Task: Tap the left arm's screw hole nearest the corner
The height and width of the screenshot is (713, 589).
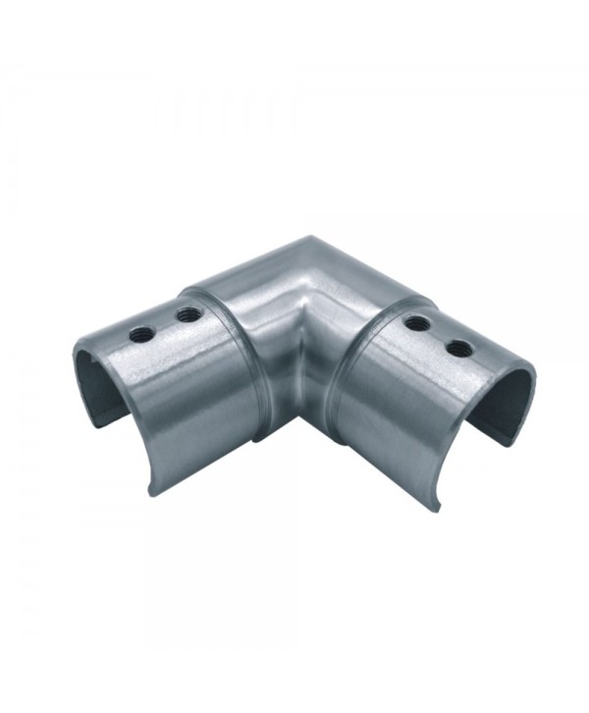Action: [x=184, y=316]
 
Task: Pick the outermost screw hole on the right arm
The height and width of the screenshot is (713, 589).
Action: [x=455, y=347]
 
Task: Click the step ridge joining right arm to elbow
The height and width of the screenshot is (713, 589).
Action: [x=344, y=383]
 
